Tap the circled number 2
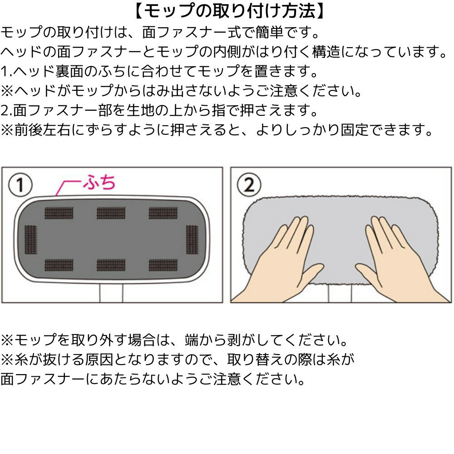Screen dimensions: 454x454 (249, 185)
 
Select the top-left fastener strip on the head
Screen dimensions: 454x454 (59, 212)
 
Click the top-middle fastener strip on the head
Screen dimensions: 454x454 (111, 212)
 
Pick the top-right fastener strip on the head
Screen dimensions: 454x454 (163, 212)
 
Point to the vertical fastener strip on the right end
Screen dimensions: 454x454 (192, 238)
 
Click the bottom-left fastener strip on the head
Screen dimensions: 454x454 (59, 265)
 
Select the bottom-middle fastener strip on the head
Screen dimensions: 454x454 (111, 265)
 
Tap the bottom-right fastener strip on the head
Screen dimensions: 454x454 (163, 265)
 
